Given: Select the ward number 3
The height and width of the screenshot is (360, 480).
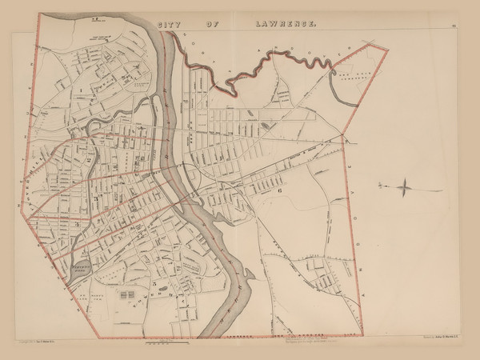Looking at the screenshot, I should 96,196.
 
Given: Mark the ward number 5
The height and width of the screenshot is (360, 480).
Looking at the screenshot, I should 153,283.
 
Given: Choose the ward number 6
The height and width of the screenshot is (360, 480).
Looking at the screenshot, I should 280,192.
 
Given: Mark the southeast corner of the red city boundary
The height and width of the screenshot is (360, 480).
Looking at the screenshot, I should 364,334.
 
